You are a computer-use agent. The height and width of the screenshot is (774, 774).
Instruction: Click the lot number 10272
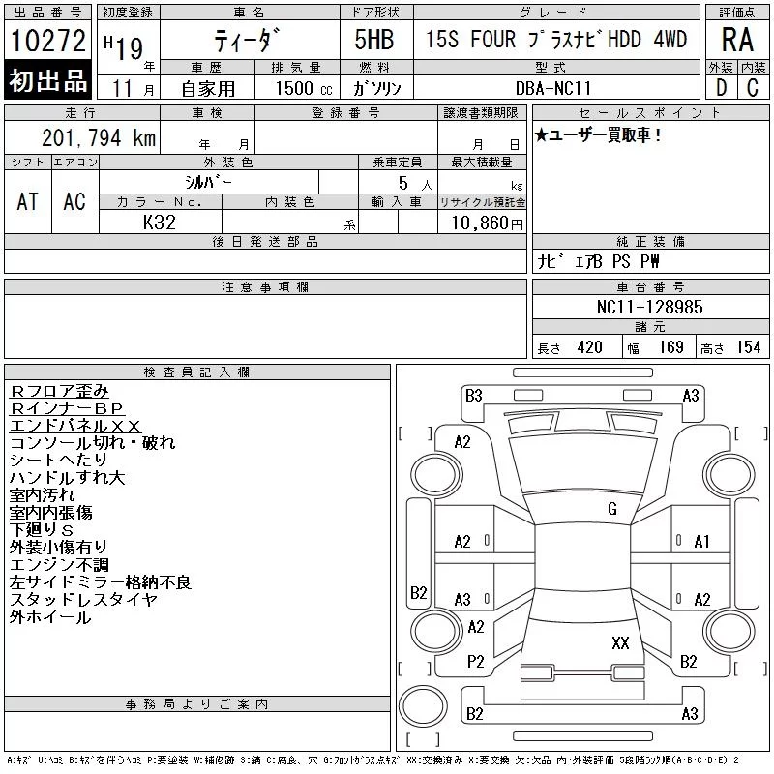click(47, 41)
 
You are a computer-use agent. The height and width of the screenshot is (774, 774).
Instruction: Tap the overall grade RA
click(737, 40)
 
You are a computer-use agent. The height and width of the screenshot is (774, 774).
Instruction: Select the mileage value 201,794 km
click(99, 137)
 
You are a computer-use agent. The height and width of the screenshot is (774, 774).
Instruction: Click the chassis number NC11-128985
click(649, 307)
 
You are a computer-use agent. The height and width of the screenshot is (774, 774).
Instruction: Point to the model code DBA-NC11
click(552, 88)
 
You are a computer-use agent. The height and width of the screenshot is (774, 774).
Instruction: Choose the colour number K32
click(159, 223)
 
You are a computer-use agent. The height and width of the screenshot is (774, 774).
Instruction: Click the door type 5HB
click(374, 40)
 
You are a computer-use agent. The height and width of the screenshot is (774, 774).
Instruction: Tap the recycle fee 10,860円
click(487, 223)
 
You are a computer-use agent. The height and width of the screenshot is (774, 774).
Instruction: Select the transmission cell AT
click(27, 201)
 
